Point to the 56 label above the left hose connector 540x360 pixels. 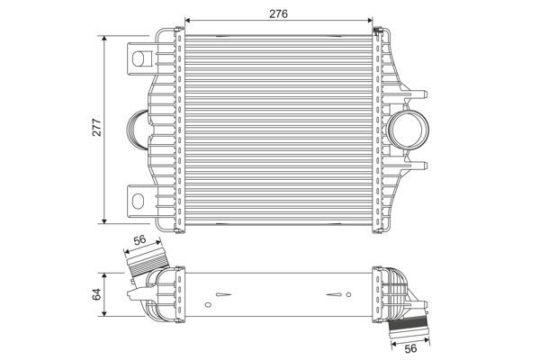coord(139,240)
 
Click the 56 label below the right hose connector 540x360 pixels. coord(409,349)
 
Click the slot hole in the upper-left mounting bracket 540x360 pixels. coord(140,59)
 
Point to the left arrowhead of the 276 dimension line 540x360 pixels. coord(187,19)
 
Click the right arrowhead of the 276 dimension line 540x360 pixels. coord(372,19)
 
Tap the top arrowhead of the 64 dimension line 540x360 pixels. coord(107,271)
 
